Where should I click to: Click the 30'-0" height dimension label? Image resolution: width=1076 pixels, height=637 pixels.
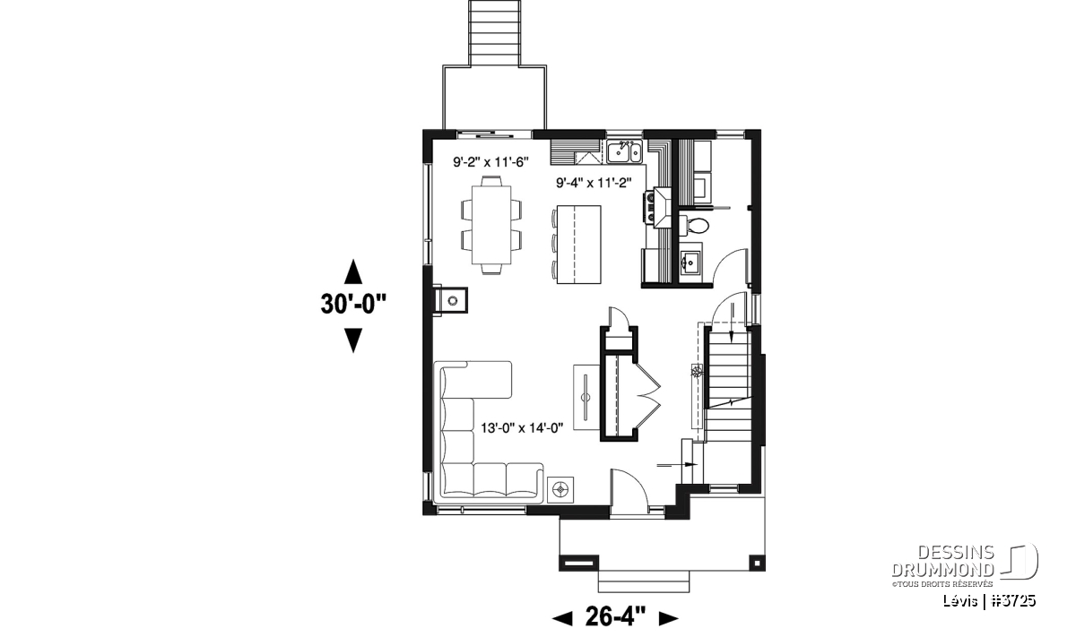pos(353,304)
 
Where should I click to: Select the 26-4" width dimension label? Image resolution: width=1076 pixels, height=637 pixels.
pos(615,616)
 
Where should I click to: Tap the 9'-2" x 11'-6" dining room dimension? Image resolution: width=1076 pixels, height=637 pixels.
pos(491,162)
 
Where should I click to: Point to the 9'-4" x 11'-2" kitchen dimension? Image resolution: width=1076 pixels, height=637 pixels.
pos(594,183)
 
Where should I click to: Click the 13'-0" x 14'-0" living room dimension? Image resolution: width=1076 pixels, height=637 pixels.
pos(522,427)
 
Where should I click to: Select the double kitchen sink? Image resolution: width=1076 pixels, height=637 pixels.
pos(624,151)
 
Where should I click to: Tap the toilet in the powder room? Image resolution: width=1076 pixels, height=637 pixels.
pos(694,225)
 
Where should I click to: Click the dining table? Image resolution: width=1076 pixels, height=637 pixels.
pos(491,225)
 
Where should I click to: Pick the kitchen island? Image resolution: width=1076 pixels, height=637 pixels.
pos(578,245)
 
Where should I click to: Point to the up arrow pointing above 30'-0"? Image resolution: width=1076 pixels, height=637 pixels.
pos(353,271)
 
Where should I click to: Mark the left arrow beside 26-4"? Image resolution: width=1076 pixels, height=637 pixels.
pos(562,619)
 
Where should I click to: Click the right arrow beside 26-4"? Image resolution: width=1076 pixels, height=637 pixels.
pos(668,619)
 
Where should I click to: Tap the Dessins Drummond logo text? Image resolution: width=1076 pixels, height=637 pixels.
pos(942,561)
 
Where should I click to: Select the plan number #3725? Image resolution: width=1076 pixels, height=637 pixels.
pos(1014,600)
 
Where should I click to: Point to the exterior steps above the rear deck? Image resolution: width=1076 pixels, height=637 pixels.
pos(494,33)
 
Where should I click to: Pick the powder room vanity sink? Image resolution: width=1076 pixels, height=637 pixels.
pos(690,262)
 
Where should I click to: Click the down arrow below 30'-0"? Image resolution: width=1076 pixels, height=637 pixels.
pos(353,340)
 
